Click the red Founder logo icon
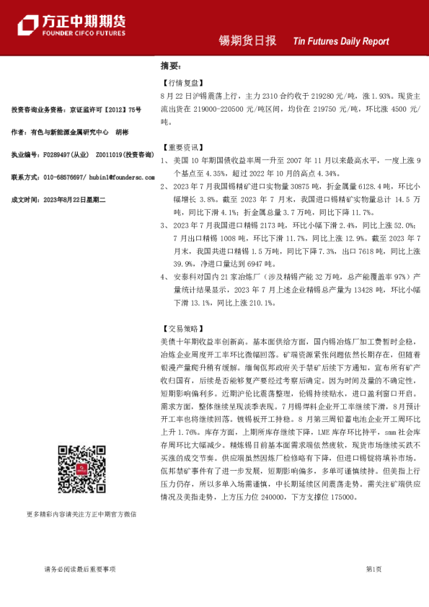pyautogui.click(x=28, y=25)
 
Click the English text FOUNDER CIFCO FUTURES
pyautogui.click(x=83, y=34)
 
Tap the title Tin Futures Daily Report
pyautogui.click(x=341, y=42)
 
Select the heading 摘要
pyautogui.click(x=169, y=66)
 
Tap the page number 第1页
pyautogui.click(x=373, y=569)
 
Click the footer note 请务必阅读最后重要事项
pyautogui.click(x=79, y=569)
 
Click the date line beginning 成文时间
pyautogui.click(x=59, y=199)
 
